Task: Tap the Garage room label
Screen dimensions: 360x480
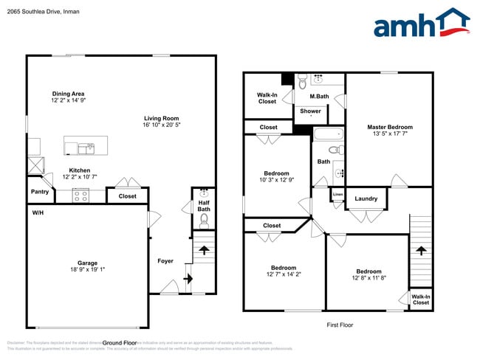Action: point(88,263)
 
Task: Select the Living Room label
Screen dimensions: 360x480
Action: point(161,118)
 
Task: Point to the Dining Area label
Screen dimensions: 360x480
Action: point(68,94)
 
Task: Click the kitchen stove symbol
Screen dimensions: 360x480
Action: point(80,195)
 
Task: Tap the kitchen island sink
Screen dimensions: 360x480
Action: point(91,148)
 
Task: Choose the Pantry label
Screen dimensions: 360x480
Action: point(40,192)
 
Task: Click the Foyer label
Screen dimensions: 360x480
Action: point(165,261)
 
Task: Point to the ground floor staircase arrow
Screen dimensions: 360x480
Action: point(188,279)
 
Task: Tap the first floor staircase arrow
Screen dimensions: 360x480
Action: point(420,251)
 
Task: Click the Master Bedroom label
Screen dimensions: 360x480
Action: point(390,127)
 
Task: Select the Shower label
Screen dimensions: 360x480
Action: point(310,111)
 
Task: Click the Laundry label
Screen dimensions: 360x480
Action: point(366,198)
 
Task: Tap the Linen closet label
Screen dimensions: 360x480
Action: point(337,195)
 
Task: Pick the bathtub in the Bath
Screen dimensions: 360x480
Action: point(328,135)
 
